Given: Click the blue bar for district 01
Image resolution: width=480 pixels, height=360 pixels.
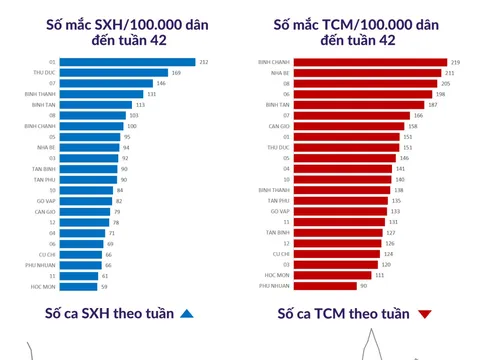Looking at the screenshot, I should click(128, 62).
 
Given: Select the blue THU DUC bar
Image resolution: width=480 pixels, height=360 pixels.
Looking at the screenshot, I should click(114, 72).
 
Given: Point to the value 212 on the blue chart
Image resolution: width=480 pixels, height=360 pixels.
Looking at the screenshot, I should click(204, 62).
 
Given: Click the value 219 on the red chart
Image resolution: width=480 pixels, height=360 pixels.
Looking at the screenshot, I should click(455, 62).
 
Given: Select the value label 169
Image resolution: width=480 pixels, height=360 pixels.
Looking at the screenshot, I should click(176, 72).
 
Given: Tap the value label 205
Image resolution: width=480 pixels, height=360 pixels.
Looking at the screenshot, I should click(446, 83).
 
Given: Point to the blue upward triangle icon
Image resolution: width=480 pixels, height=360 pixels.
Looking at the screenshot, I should click(186, 315).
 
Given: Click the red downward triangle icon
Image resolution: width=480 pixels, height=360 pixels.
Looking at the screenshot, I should click(425, 315).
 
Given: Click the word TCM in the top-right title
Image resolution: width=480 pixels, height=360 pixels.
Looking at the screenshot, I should click(347, 23).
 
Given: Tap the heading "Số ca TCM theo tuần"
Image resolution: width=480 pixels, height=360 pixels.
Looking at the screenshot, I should click(343, 314).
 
